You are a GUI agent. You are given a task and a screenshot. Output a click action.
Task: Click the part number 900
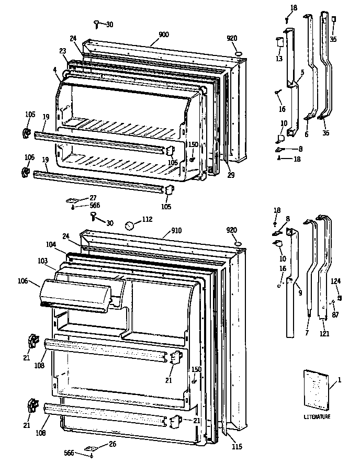coord(163,34)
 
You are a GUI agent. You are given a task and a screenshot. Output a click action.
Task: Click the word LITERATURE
coord(317,416)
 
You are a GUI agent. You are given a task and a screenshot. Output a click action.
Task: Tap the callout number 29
coord(231,176)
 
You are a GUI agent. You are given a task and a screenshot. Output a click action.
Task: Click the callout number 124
coord(335,281)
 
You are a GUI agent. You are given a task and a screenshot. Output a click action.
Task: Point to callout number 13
coord(279,58)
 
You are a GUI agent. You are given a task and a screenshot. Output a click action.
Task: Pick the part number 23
coord(63,51)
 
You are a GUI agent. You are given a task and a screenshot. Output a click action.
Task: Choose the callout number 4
coord(54,69)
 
